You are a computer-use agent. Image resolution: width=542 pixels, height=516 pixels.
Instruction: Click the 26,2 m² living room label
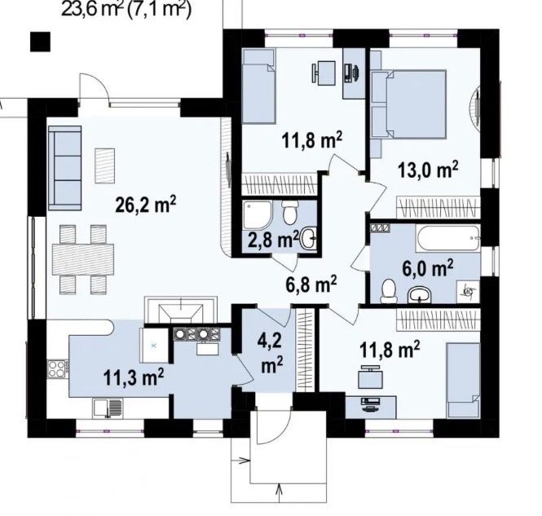click(x=146, y=205)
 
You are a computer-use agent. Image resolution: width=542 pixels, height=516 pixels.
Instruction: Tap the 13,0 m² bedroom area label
click(x=428, y=170)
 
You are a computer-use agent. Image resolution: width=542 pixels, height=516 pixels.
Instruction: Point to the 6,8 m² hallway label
click(x=311, y=284)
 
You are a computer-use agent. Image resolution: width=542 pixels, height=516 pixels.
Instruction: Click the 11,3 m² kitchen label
click(x=134, y=377)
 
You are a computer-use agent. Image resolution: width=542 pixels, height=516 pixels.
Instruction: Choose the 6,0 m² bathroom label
click(x=428, y=268)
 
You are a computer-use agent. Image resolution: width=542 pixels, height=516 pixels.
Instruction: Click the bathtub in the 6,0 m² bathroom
click(x=448, y=238)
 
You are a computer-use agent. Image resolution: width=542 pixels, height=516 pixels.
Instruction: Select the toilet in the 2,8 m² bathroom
click(x=289, y=211)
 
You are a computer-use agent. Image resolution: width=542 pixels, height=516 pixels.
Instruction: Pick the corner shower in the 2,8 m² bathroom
click(x=258, y=214)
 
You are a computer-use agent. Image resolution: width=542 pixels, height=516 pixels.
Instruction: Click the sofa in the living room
click(x=64, y=168)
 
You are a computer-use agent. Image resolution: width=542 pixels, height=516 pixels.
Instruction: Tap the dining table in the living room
click(x=83, y=259)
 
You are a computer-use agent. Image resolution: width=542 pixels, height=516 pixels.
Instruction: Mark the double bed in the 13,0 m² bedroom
click(x=408, y=104)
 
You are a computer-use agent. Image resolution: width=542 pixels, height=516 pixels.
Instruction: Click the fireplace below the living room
click(x=181, y=310)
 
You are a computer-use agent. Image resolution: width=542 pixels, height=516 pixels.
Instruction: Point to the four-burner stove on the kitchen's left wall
click(x=58, y=369)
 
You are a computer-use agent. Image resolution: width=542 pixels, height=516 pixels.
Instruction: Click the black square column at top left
click(x=40, y=42)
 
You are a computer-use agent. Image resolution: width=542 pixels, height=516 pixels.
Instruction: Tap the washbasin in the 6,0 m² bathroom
click(x=420, y=296)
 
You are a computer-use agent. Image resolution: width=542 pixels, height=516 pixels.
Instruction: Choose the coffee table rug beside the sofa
click(x=105, y=166)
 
